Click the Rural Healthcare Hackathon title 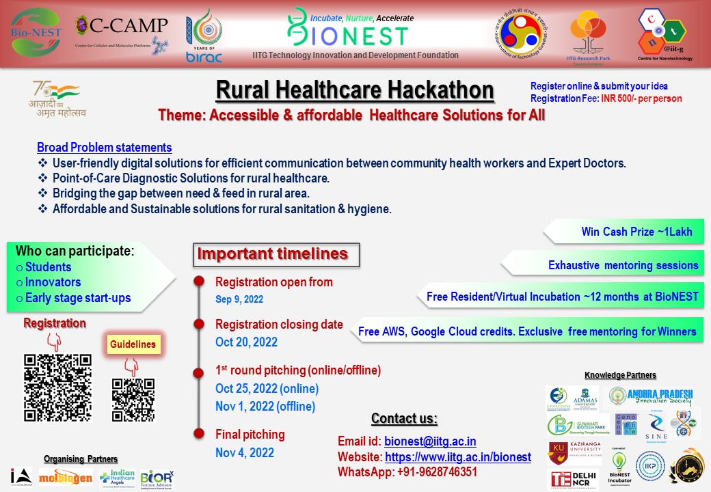click(x=355, y=90)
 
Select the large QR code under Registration click(x=57, y=387)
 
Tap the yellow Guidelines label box click(x=133, y=344)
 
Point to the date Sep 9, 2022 click(x=239, y=299)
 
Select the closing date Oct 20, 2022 click(x=247, y=342)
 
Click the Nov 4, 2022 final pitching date click(x=245, y=452)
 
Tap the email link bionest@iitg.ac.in click(x=430, y=441)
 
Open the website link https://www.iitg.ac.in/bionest click(x=458, y=457)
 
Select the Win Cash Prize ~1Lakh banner click(x=636, y=232)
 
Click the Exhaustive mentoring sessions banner click(x=623, y=265)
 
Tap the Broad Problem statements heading click(x=105, y=148)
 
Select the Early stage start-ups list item click(x=78, y=297)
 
